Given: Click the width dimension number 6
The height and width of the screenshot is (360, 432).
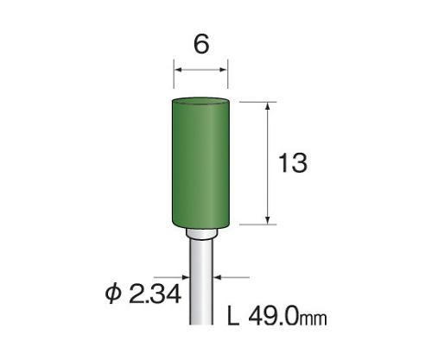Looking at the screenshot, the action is tap(201, 45).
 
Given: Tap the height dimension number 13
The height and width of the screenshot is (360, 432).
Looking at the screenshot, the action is tap(293, 163).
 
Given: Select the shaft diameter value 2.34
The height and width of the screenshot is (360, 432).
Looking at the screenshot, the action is tap(156, 294).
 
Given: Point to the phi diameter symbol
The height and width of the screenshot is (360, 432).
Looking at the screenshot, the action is tap(113, 294).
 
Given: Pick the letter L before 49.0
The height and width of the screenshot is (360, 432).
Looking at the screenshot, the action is tap(233, 316).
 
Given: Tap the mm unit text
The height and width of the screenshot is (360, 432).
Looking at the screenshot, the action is tap(314, 319).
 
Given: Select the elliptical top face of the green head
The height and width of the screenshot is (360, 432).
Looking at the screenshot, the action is tap(201, 101).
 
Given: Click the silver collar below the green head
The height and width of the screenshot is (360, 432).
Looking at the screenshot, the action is tap(201, 234).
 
